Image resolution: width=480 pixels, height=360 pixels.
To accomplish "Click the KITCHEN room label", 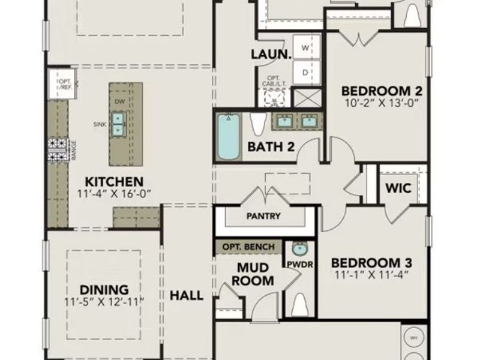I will tap(113, 181).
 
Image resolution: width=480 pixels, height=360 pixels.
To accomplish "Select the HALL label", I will tap(187, 295).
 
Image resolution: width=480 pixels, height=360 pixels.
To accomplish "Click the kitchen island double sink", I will tap(118, 123).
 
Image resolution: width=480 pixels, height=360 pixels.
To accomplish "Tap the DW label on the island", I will tap(119, 101).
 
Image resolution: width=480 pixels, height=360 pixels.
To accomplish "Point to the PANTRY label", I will tap(263, 216).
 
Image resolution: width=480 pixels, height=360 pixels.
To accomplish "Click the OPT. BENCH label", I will tap(248, 247).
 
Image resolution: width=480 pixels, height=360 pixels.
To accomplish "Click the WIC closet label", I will tap(398, 188).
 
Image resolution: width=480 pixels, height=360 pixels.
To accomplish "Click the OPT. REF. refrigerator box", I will tap(64, 85).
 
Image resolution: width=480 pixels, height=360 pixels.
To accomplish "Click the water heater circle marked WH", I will tap(413, 338).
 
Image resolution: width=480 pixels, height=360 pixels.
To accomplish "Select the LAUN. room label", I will tap(271, 54).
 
